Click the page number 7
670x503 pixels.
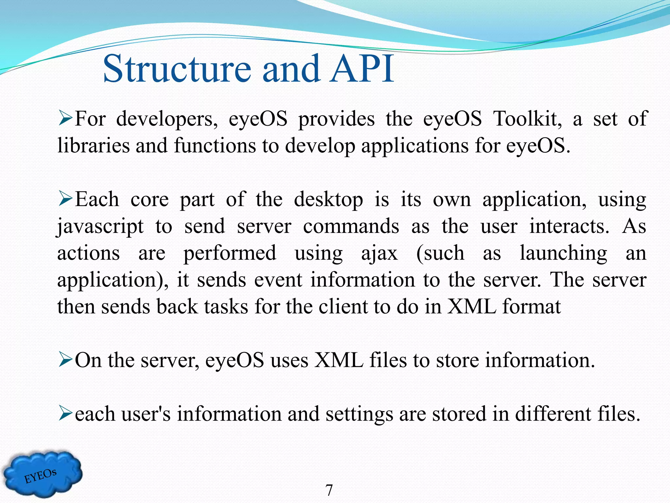pyautogui.click(x=329, y=491)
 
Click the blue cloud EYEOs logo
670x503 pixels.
pyautogui.click(x=43, y=474)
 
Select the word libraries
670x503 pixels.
pyautogui.click(x=94, y=145)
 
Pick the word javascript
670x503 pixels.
pyautogui.click(x=100, y=227)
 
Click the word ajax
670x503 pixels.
pyautogui.click(x=379, y=253)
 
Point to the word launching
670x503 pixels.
pyautogui.click(x=563, y=253)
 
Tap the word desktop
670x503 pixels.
pyautogui.click(x=328, y=200)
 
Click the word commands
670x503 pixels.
pyautogui.click(x=351, y=227)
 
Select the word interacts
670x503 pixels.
pyautogui.click(x=569, y=227)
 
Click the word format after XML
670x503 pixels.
pyautogui.click(x=531, y=307)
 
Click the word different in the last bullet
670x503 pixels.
pyautogui.click(x=553, y=414)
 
